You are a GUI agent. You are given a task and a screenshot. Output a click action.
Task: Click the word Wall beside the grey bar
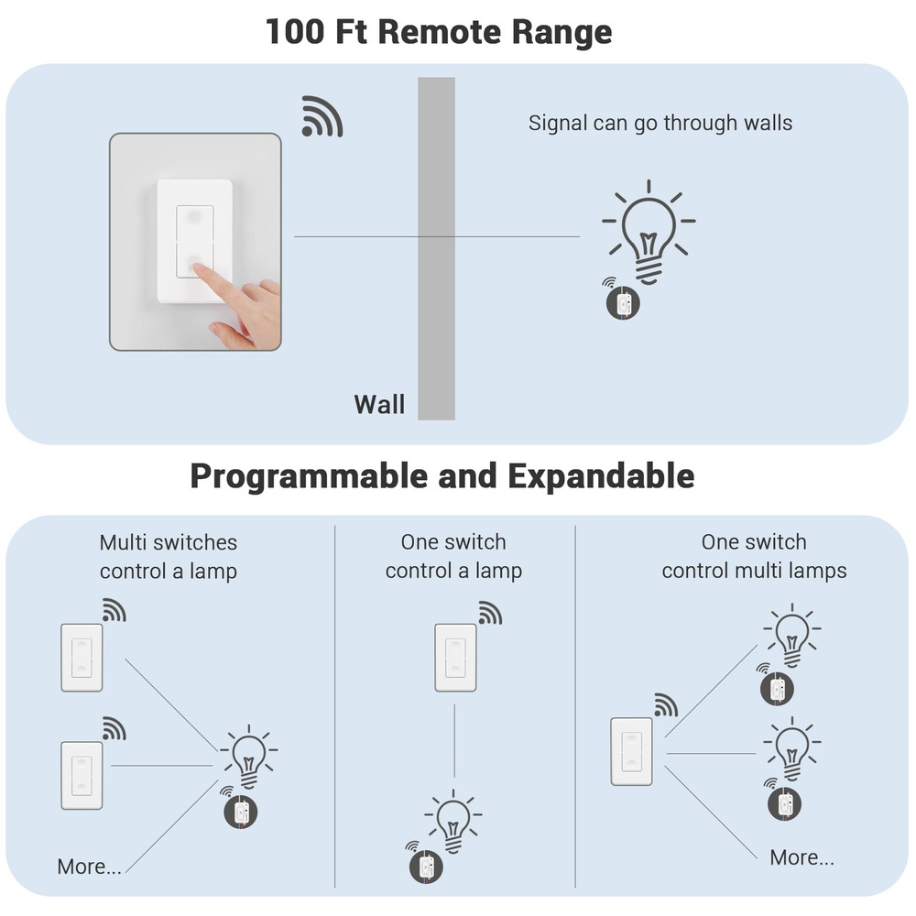pyautogui.click(x=379, y=404)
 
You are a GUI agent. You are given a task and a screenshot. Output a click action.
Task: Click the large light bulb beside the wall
pyautogui.click(x=648, y=233)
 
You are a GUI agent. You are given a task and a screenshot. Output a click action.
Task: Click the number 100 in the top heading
pyautogui.click(x=295, y=32)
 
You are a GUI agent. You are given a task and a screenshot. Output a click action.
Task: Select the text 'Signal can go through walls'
pyautogui.click(x=660, y=123)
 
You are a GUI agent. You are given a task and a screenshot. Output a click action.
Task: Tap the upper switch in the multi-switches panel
pyautogui.click(x=82, y=658)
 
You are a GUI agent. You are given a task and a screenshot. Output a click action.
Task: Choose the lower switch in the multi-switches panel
pyautogui.click(x=82, y=775)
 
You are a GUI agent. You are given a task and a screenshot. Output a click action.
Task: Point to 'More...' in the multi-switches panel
pyautogui.click(x=89, y=867)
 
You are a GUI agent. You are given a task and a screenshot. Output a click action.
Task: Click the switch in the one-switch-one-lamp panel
pyautogui.click(x=455, y=658)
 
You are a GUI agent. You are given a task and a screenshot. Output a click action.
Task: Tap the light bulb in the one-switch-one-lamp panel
pyautogui.click(x=453, y=815)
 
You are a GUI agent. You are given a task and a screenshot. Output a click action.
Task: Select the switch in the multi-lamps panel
pyautogui.click(x=632, y=751)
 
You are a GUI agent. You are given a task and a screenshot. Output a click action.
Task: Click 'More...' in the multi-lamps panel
pyautogui.click(x=801, y=857)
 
